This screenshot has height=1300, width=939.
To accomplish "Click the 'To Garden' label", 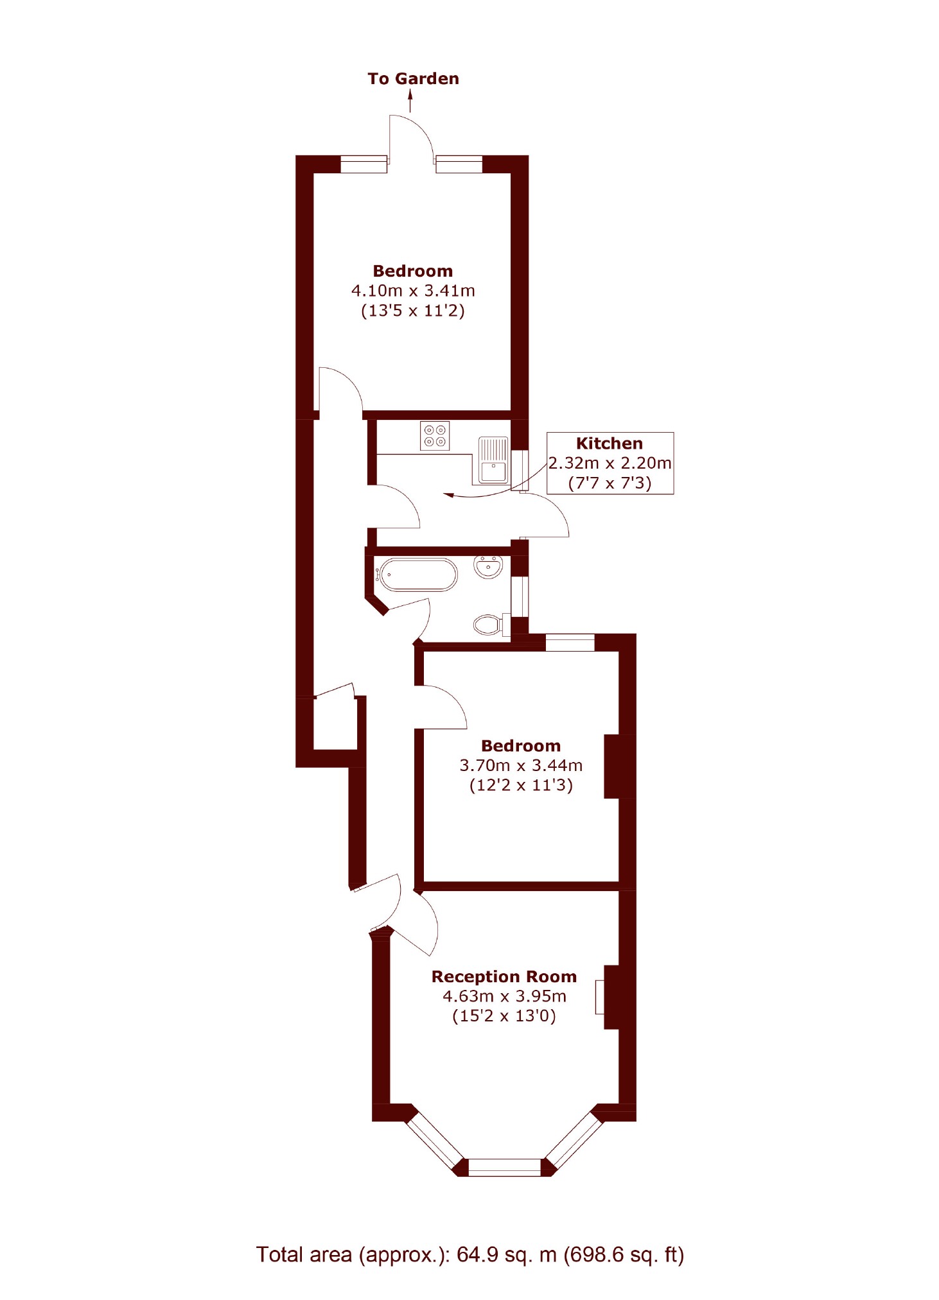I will (413, 79).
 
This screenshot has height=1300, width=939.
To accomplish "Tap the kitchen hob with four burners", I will (435, 435).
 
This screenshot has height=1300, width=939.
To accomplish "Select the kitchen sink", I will (493, 460).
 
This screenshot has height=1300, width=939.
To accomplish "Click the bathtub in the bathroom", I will (418, 575).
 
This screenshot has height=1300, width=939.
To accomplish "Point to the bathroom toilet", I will (489, 624).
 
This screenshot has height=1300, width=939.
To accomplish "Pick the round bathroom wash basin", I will (488, 566).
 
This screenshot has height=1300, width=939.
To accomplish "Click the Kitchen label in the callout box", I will (609, 444).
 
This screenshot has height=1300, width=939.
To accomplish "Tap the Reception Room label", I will (504, 976).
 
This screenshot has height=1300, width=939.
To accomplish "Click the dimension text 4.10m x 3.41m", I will (413, 291).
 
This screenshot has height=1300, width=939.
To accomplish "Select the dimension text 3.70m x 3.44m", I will (521, 765).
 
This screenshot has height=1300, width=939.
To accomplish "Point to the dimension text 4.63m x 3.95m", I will (504, 996).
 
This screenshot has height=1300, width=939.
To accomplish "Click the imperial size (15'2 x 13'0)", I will (504, 1016).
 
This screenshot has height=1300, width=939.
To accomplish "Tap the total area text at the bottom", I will (470, 1254).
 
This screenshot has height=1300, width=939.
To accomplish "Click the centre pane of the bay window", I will (505, 1167).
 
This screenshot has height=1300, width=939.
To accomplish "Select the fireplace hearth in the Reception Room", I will (600, 997).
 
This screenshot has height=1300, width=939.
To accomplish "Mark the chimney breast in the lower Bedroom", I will (620, 766).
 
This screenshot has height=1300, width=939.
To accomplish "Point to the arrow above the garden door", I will (410, 101).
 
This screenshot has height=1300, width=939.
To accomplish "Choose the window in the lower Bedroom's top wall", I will (570, 642).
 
